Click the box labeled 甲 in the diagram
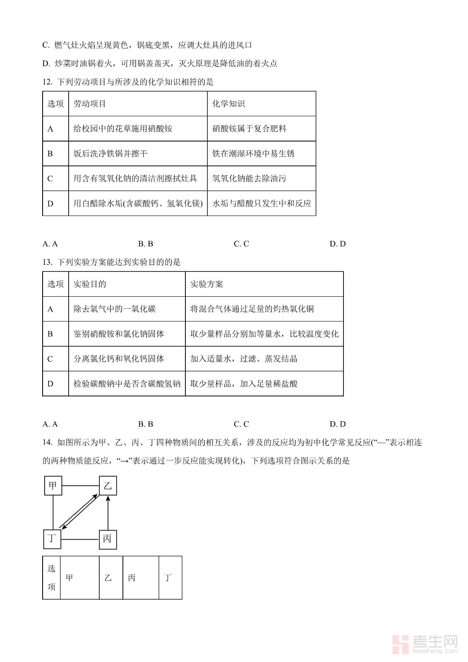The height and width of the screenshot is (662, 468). coord(53,485)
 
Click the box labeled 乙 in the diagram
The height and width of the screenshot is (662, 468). coord(108,485)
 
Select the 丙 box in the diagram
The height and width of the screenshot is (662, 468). coord(108,539)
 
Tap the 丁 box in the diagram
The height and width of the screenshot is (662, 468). coord(52,539)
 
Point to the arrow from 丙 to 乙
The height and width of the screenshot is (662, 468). coord(108,513)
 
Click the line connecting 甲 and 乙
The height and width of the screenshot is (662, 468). coord(80,485)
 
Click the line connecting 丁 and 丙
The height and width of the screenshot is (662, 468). coord(80,539)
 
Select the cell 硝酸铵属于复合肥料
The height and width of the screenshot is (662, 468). coord(249,129)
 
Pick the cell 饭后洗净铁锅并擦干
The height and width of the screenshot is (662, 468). coord(110,154)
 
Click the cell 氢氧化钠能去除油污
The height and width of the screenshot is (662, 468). coord(249,178)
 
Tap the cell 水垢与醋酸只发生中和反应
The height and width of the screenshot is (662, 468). coord(262,203)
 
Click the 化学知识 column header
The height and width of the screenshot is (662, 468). coord(228,104)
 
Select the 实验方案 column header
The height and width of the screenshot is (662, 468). coord(206,284)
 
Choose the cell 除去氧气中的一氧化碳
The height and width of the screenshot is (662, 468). coord(115,309)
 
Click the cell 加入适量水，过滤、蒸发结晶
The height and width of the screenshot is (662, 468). coord(244,359)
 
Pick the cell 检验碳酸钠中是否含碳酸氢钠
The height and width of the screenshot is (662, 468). coord(127,384)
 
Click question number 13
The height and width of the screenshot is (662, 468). coord(47,262)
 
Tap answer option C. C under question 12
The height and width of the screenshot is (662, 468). coord(241,244)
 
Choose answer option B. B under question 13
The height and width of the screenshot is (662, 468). coord(146,424)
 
